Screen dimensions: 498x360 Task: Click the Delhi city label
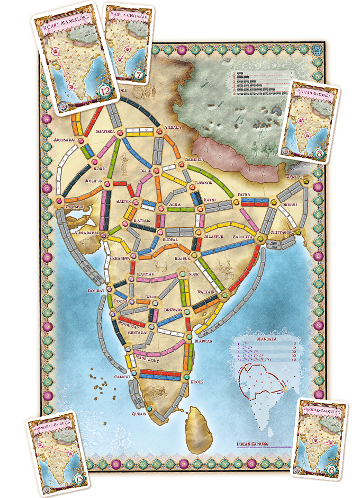pos(146,171)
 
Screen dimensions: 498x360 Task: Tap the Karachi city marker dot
pos(59,201)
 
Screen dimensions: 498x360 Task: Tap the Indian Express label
pos(253,443)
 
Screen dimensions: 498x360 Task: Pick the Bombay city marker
pos(109,290)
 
